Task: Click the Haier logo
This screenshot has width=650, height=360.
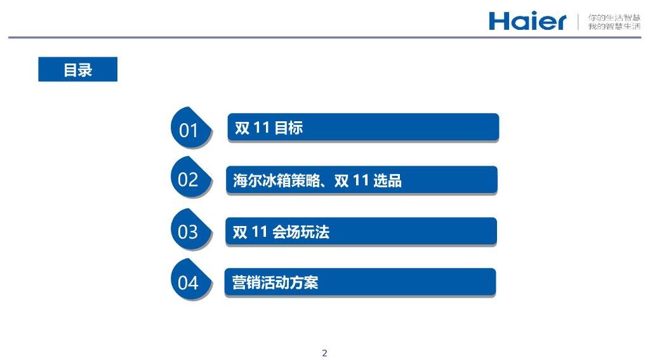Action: (x=527, y=21)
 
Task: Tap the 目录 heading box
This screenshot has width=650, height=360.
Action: (x=77, y=69)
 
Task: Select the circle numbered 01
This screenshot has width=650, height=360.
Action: (x=189, y=130)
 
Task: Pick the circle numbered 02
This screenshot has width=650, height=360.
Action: (x=188, y=179)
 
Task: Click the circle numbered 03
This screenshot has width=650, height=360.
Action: (x=188, y=231)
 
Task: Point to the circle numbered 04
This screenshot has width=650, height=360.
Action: (x=188, y=282)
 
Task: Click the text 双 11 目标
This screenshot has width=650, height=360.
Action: (x=269, y=128)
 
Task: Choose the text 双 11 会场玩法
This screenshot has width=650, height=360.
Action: (x=281, y=232)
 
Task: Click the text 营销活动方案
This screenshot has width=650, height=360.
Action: (x=275, y=283)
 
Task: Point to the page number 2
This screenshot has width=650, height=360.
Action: (x=325, y=353)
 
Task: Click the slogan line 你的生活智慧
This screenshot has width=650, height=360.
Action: (x=614, y=17)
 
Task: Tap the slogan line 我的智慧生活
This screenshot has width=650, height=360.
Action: (x=614, y=26)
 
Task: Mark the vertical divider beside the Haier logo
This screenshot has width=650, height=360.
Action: (x=578, y=21)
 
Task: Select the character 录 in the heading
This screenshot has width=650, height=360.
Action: (x=85, y=70)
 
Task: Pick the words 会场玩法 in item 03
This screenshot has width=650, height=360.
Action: (x=301, y=232)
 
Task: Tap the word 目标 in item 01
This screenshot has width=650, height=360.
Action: (x=288, y=128)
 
